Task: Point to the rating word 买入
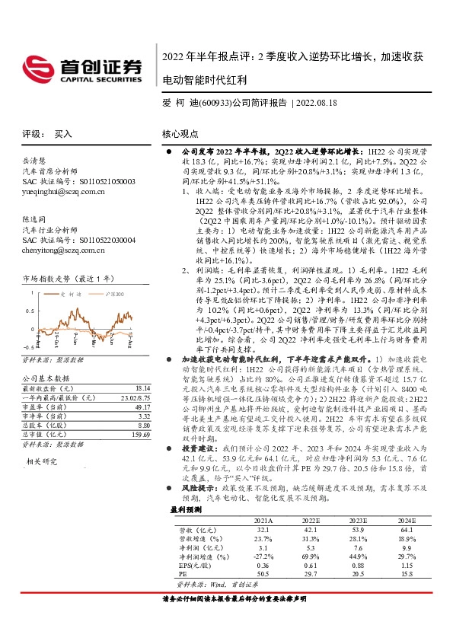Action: tap(63, 132)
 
